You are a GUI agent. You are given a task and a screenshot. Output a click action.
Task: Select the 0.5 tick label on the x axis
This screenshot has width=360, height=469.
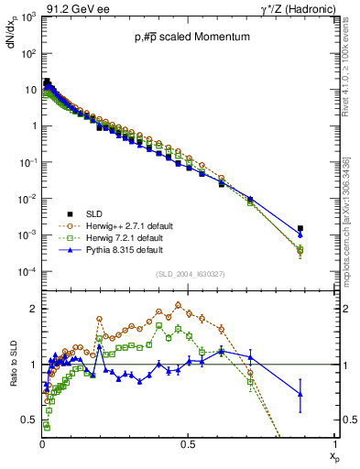pyautogui.click(x=188, y=443)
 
